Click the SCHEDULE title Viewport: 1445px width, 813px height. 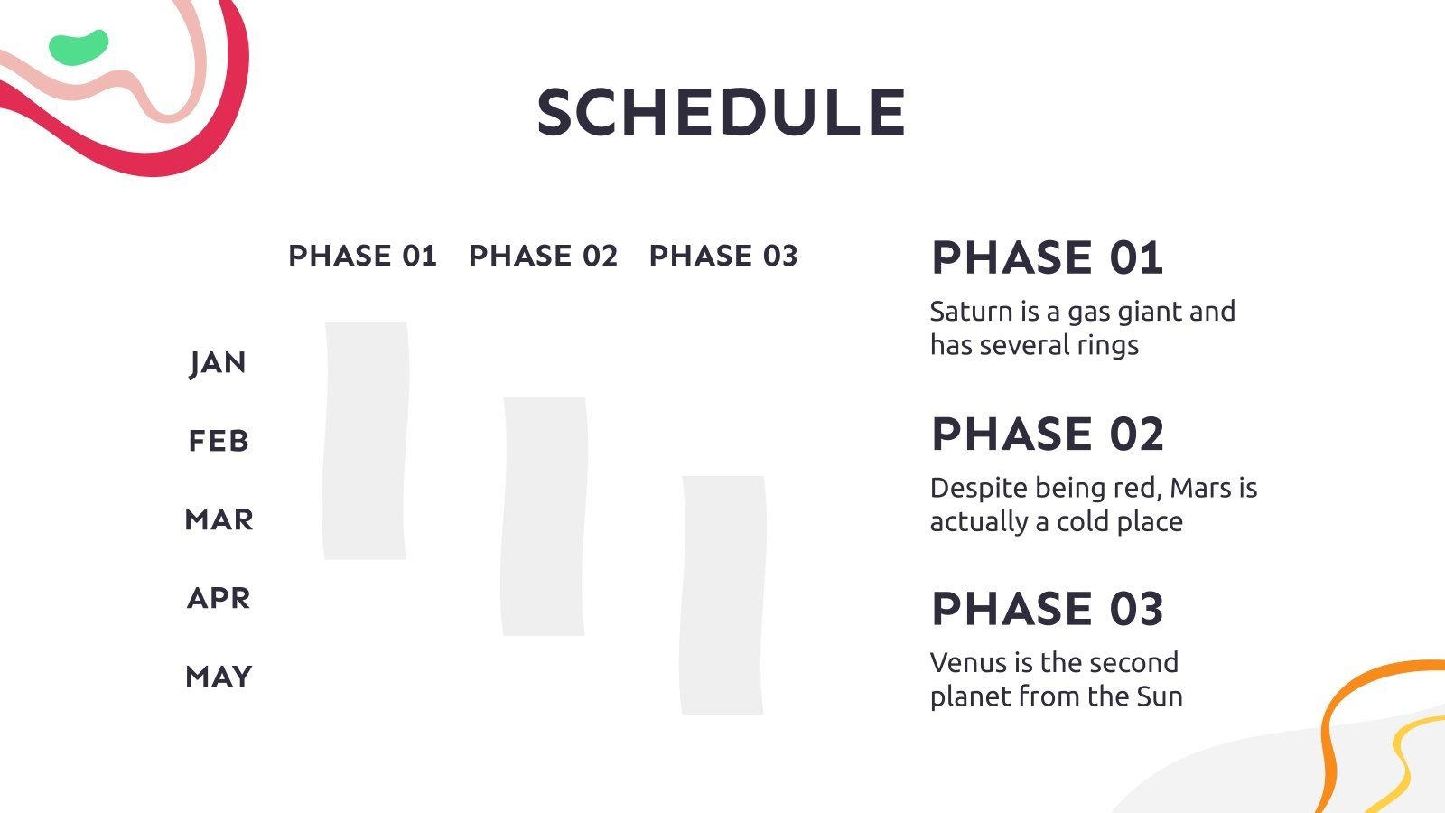[x=722, y=112]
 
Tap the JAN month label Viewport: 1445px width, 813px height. [x=218, y=363]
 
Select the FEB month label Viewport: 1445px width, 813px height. [x=219, y=442]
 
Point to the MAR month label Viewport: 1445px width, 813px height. [x=219, y=519]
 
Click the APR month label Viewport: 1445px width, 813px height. [x=219, y=598]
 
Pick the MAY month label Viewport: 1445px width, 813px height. [x=219, y=677]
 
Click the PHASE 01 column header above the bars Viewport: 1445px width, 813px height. [x=362, y=256]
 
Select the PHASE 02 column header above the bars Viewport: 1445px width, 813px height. [x=543, y=256]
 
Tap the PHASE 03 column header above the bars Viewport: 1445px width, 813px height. [x=723, y=256]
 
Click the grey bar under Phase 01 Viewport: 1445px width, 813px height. [x=365, y=440]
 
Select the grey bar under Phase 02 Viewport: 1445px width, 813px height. [x=545, y=516]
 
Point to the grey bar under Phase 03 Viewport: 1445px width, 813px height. [x=723, y=595]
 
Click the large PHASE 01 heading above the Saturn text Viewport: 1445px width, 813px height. [x=1047, y=258]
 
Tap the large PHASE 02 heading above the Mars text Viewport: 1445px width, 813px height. [x=1048, y=434]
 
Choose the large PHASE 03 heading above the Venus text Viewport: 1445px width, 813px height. [x=1048, y=609]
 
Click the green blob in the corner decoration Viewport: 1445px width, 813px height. [x=79, y=47]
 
